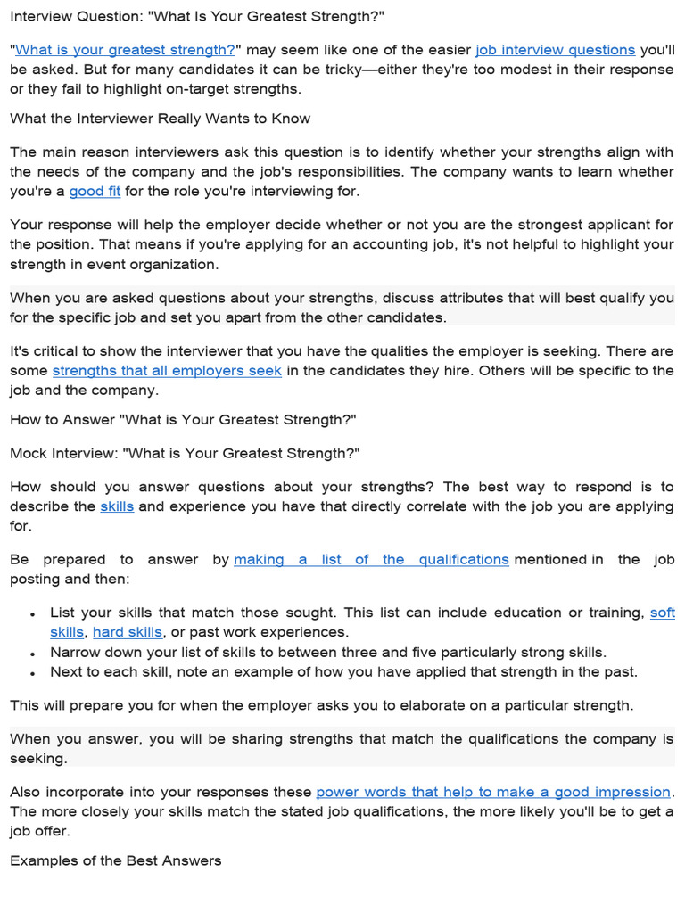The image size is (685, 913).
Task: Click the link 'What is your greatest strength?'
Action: [x=125, y=51]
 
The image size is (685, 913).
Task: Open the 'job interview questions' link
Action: [x=555, y=51]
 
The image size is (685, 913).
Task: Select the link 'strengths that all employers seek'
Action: [x=167, y=371]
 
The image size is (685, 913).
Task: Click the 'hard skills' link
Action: [x=128, y=632]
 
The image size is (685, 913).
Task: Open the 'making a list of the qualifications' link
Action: [x=371, y=560]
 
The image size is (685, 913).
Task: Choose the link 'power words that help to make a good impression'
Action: [x=493, y=792]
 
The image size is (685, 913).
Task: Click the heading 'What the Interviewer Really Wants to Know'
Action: [x=160, y=119]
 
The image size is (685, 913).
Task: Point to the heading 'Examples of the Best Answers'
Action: [x=116, y=861]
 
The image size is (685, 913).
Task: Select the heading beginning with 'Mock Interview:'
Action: [x=185, y=453]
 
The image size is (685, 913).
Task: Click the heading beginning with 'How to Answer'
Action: [x=183, y=420]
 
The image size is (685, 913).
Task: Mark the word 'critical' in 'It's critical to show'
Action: [x=59, y=351]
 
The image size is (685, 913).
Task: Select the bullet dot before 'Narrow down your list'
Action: [x=33, y=654]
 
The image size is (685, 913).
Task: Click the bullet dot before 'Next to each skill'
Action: [x=33, y=673]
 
